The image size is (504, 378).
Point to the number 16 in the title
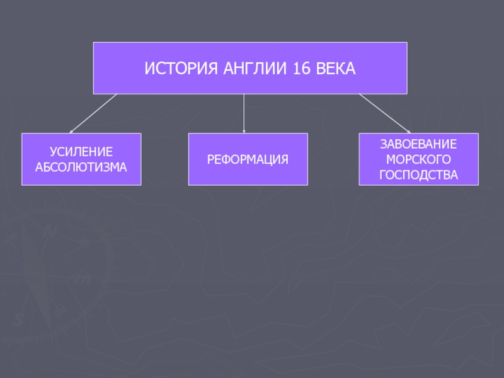pos(301,68)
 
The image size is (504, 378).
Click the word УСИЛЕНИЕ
pos(81,152)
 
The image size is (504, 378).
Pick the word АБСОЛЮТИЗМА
pos(81,167)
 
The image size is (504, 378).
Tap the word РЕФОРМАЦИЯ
pos(248,159)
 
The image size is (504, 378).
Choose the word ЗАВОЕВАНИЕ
pos(418,144)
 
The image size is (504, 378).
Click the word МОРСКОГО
pos(418,159)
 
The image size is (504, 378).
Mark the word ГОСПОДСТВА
pos(418,175)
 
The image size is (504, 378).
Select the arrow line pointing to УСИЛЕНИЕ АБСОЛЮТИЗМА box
pos(94,113)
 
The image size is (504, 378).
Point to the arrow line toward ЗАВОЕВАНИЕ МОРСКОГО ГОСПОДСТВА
pos(384,113)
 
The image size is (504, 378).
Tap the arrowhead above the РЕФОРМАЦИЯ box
pos(244,131)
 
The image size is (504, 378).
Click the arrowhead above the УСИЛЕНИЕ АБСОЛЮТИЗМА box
pos(71,131)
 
